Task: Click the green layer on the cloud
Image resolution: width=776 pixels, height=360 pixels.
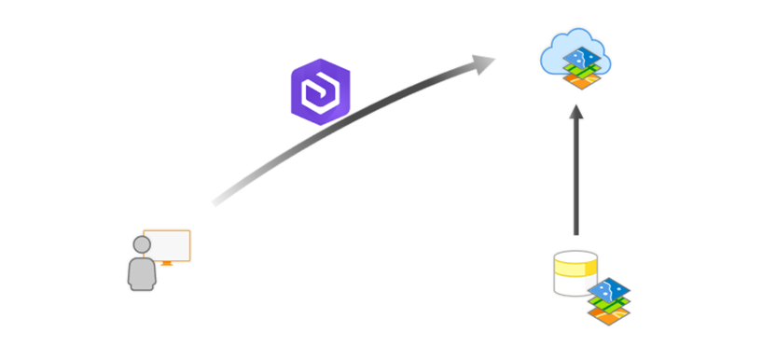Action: (x=583, y=71)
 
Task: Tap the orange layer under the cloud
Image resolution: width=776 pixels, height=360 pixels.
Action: (x=583, y=82)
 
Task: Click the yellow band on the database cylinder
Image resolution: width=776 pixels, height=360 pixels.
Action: (x=575, y=270)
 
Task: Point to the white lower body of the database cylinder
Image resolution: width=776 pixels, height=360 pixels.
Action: (x=568, y=285)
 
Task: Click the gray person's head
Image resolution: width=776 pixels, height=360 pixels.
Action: (x=142, y=244)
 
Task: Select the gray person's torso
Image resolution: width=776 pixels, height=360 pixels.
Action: (x=142, y=273)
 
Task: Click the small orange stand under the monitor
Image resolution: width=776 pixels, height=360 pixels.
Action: (x=167, y=264)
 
